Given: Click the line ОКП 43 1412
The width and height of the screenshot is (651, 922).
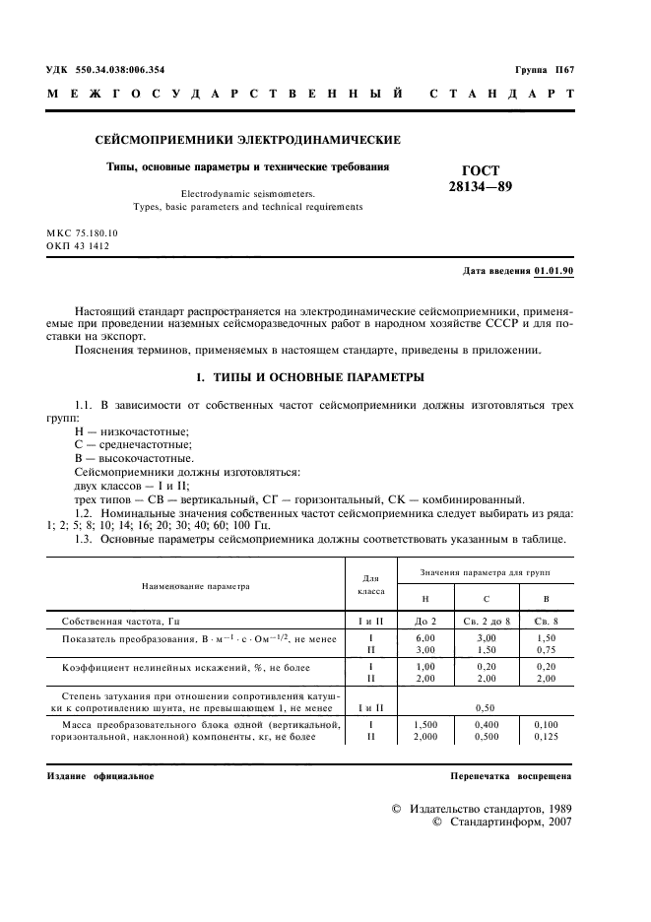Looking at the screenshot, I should pos(79,245).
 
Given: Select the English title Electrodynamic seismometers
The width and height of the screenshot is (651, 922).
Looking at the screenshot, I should pos(233,194).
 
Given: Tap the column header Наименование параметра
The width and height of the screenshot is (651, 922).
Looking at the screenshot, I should pos(196,586).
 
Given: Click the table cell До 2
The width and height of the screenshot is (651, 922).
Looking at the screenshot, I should pos(424,622).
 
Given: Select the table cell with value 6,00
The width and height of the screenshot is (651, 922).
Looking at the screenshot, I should pos(424,639).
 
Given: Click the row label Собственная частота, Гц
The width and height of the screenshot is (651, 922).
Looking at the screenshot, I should pos(121,622).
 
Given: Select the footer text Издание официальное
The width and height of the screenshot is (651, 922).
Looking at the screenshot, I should pos(101,776).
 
